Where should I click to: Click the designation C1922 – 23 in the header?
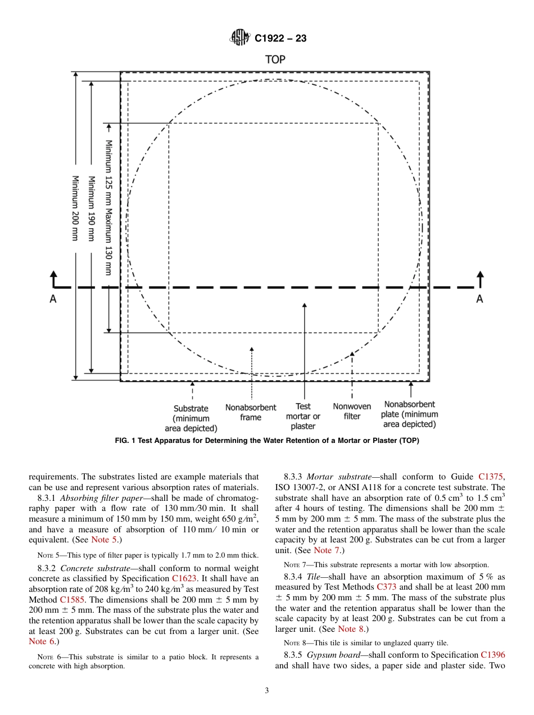pos(280,39)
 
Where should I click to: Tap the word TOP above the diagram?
pos(275,60)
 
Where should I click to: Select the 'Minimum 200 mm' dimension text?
pos(74,209)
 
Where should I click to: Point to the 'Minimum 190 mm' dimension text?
pos(90,209)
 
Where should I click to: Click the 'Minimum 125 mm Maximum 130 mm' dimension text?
pos(108,207)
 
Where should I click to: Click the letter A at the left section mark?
pos(53,300)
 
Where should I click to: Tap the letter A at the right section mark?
pos(479,300)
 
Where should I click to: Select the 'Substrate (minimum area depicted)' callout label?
pos(191,418)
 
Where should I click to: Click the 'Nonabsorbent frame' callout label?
pos(251,413)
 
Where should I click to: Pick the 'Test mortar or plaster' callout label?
pos(303,416)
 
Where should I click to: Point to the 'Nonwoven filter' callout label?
pos(352,411)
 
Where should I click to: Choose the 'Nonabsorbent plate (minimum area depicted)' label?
pos(409,414)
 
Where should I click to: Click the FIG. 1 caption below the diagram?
pos(267,441)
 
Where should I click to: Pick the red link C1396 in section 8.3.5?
pos(492,655)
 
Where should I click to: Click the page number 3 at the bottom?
pos(267,691)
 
